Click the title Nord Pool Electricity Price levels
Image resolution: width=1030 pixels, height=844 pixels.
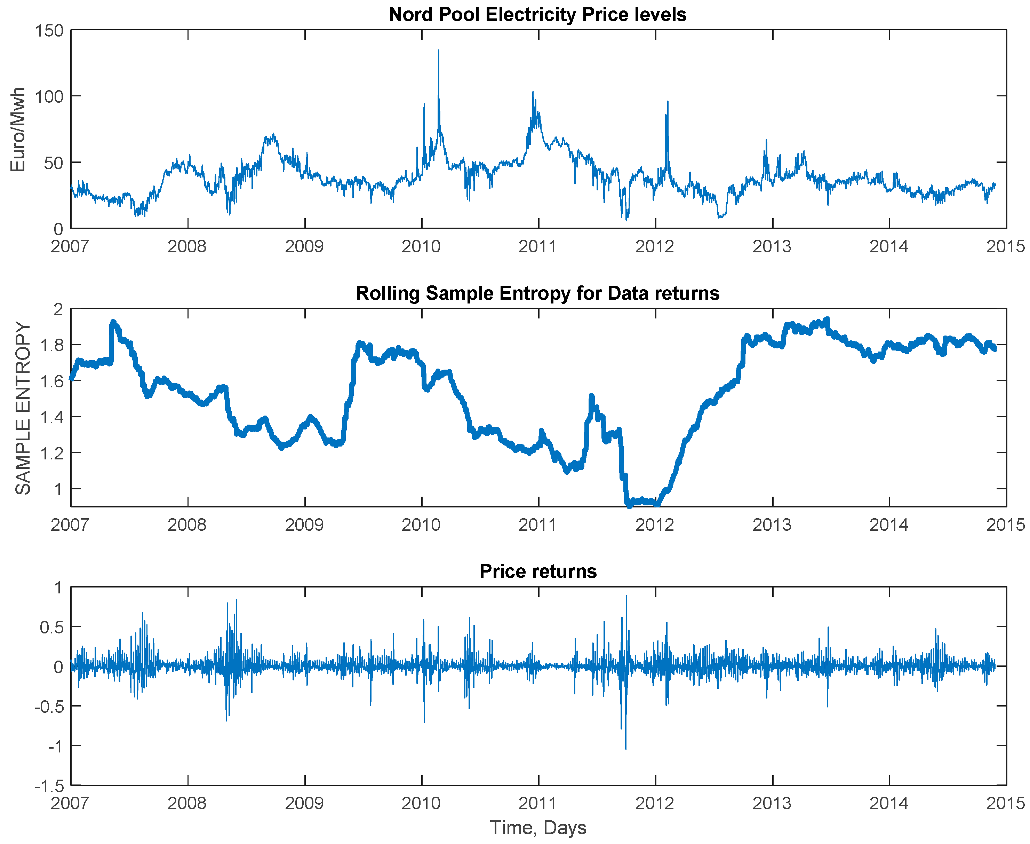537,15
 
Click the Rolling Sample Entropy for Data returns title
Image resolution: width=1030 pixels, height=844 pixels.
537,293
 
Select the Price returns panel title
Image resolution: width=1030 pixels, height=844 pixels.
537,571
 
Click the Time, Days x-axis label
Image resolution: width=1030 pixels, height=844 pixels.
537,828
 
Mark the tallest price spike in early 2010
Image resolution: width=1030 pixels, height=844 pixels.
438,50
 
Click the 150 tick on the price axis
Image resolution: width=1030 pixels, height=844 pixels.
49,31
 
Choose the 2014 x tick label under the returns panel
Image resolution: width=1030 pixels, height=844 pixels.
889,804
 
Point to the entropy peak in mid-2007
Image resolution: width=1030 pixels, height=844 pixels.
113,322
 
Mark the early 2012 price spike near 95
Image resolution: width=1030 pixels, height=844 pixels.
668,102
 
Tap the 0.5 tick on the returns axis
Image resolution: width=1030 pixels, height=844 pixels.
52,628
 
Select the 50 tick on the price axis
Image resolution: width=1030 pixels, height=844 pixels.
54,163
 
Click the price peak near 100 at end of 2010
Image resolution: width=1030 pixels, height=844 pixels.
533,92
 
